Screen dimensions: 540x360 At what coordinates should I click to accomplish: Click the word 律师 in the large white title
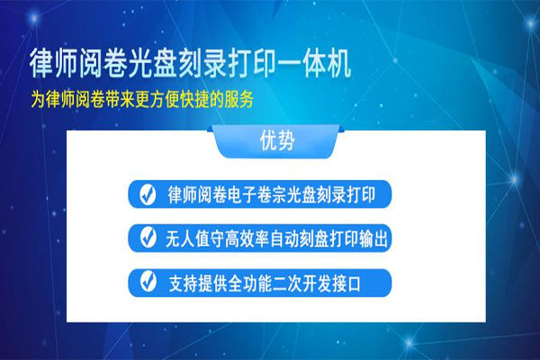click(54, 64)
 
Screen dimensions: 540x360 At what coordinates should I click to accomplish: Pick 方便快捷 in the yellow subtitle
click(180, 100)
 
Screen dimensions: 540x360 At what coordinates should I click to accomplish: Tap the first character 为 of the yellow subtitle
click(38, 100)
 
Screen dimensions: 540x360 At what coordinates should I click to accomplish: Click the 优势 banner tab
click(277, 140)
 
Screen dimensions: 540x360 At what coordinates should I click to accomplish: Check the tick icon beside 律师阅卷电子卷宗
click(148, 194)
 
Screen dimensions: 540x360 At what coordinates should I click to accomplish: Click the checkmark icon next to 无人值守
click(148, 238)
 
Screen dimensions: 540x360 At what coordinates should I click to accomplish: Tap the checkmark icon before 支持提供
click(148, 281)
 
